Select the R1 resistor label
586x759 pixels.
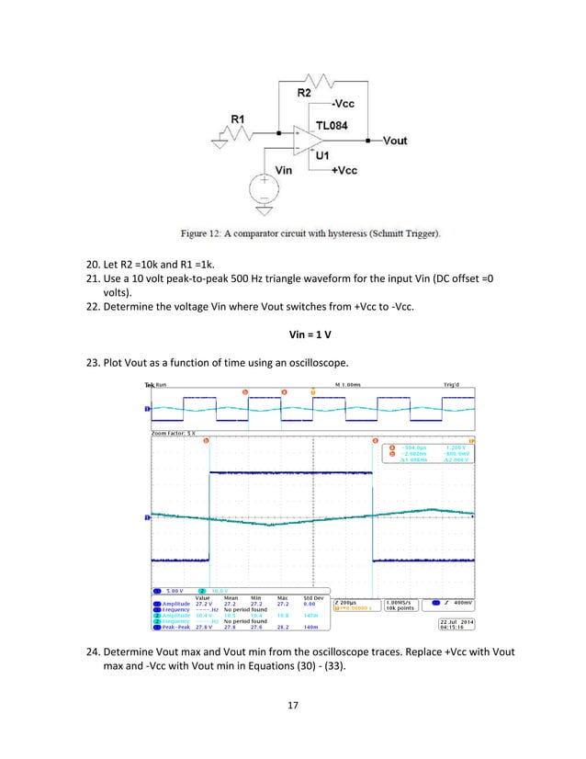(238, 119)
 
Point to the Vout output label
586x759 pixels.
(394, 141)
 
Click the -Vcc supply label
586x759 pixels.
(341, 104)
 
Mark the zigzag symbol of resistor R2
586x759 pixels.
(318, 77)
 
